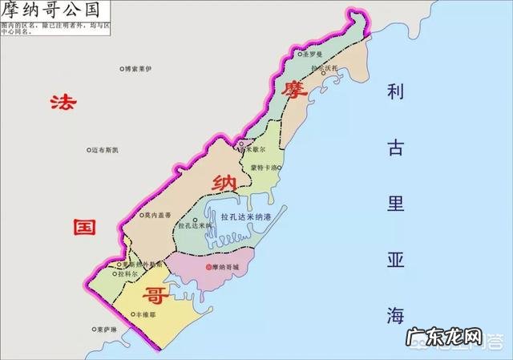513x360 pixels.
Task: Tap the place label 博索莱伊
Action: (139, 71)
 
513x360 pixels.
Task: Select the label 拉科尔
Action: (129, 274)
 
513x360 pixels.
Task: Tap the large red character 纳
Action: (223, 184)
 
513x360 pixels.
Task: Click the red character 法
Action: (61, 103)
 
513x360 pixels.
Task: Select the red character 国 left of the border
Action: (83, 226)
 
